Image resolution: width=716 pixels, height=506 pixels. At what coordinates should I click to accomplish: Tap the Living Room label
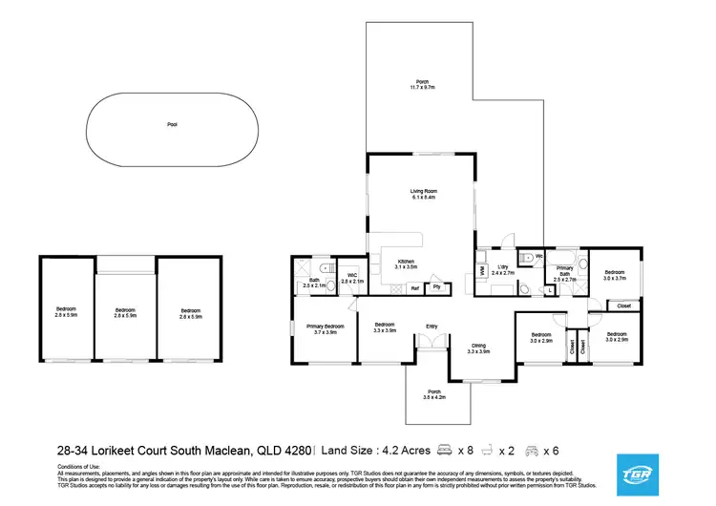coord(423,194)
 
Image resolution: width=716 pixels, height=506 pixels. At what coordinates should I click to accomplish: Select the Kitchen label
coord(405,264)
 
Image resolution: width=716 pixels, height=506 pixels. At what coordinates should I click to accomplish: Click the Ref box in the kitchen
coord(415,286)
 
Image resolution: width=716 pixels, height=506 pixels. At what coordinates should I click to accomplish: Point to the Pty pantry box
coord(436,286)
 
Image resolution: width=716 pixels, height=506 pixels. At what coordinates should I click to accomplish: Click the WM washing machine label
coord(482,271)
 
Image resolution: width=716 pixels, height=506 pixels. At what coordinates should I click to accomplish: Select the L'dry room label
coord(502,270)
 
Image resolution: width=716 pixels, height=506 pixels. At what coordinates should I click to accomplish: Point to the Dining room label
coord(478,348)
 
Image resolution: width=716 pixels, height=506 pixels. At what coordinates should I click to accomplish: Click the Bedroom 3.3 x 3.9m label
coord(385,327)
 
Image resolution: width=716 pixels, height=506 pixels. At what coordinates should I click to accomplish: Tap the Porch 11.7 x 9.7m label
coord(421,85)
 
